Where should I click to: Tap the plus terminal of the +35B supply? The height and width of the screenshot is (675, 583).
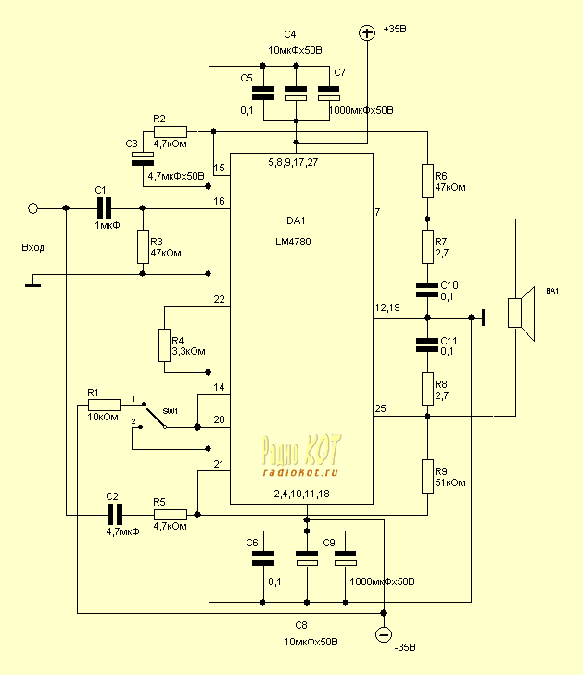coord(367,32)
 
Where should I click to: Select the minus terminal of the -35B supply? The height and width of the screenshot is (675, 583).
coord(383,634)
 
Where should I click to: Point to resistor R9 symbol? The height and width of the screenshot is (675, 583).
coord(427,476)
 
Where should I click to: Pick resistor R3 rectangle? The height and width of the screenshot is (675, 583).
coord(143,246)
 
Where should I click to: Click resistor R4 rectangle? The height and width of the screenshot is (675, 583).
coord(164,345)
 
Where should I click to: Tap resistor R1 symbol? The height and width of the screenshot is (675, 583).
coord(105,404)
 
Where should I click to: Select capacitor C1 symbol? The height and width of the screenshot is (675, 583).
coord(104,208)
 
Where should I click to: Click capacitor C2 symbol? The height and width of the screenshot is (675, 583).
coord(114,514)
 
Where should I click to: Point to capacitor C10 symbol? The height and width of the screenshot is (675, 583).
coord(427,290)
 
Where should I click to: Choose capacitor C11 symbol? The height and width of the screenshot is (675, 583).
coord(427,344)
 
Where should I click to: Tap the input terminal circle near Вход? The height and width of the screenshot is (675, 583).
coord(33,208)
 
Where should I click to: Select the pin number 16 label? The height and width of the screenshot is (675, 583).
coord(219,201)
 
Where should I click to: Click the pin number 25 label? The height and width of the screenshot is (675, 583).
coord(380,409)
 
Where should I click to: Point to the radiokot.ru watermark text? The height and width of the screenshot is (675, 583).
coord(300,471)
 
